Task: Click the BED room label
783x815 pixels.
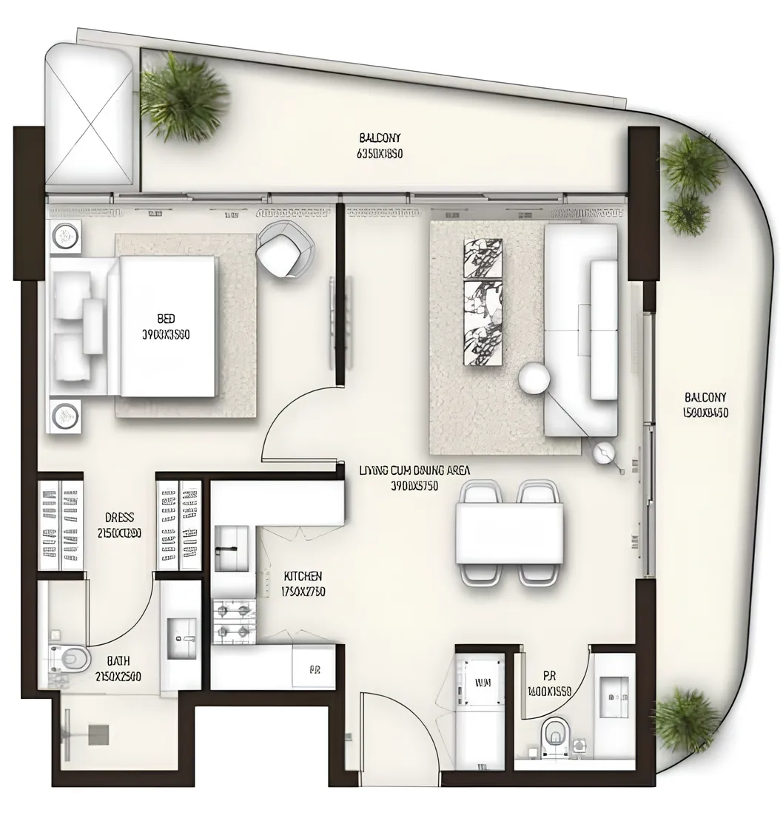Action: pyautogui.click(x=166, y=319)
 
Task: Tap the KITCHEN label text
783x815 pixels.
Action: pyautogui.click(x=303, y=576)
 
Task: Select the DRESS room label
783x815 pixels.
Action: pyautogui.click(x=119, y=518)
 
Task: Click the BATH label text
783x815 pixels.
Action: pyautogui.click(x=118, y=660)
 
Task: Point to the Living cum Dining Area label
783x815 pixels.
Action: pyautogui.click(x=414, y=470)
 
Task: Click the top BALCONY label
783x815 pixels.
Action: pyautogui.click(x=380, y=138)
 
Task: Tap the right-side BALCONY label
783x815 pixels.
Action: pyautogui.click(x=705, y=396)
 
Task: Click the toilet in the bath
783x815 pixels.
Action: pyautogui.click(x=70, y=656)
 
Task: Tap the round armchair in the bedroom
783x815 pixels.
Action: pyautogui.click(x=285, y=249)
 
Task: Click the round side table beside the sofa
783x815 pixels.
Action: pyautogui.click(x=534, y=379)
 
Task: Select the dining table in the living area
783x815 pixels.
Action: pyautogui.click(x=509, y=532)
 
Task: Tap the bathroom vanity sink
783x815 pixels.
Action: pyautogui.click(x=181, y=638)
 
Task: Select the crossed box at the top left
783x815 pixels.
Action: pyautogui.click(x=90, y=116)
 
